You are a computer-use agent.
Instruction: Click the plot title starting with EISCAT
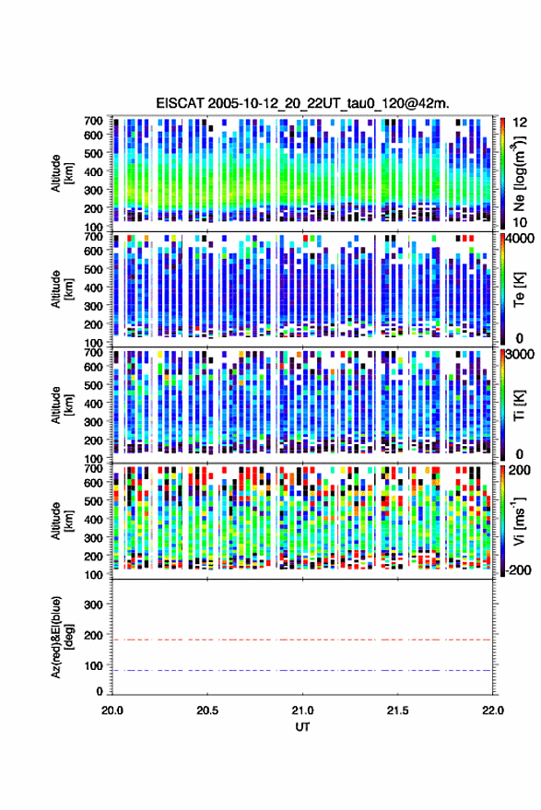[x=303, y=103]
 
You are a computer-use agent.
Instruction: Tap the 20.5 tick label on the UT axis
[x=207, y=710]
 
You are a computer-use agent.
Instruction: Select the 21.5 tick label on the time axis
[x=397, y=710]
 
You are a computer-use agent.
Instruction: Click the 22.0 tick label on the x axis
[x=493, y=710]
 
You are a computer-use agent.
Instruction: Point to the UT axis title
[x=302, y=727]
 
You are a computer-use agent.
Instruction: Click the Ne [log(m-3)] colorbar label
[x=519, y=173]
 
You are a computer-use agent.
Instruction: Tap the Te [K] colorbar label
[x=519, y=289]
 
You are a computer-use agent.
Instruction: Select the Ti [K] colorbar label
[x=519, y=405]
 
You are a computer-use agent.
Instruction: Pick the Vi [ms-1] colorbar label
[x=519, y=521]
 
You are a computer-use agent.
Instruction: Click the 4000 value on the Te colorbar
[x=520, y=240]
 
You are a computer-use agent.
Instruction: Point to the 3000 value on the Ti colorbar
[x=520, y=355]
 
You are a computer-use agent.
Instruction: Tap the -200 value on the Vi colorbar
[x=517, y=570]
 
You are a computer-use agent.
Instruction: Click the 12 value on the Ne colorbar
[x=521, y=123]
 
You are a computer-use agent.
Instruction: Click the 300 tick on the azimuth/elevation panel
[x=93, y=605]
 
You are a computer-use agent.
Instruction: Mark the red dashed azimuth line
[x=302, y=640]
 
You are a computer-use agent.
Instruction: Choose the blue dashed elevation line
[x=302, y=670]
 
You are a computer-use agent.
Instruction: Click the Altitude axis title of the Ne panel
[x=63, y=173]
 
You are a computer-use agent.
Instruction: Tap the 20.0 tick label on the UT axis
[x=112, y=710]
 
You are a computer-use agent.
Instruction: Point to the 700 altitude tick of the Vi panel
[x=93, y=468]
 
